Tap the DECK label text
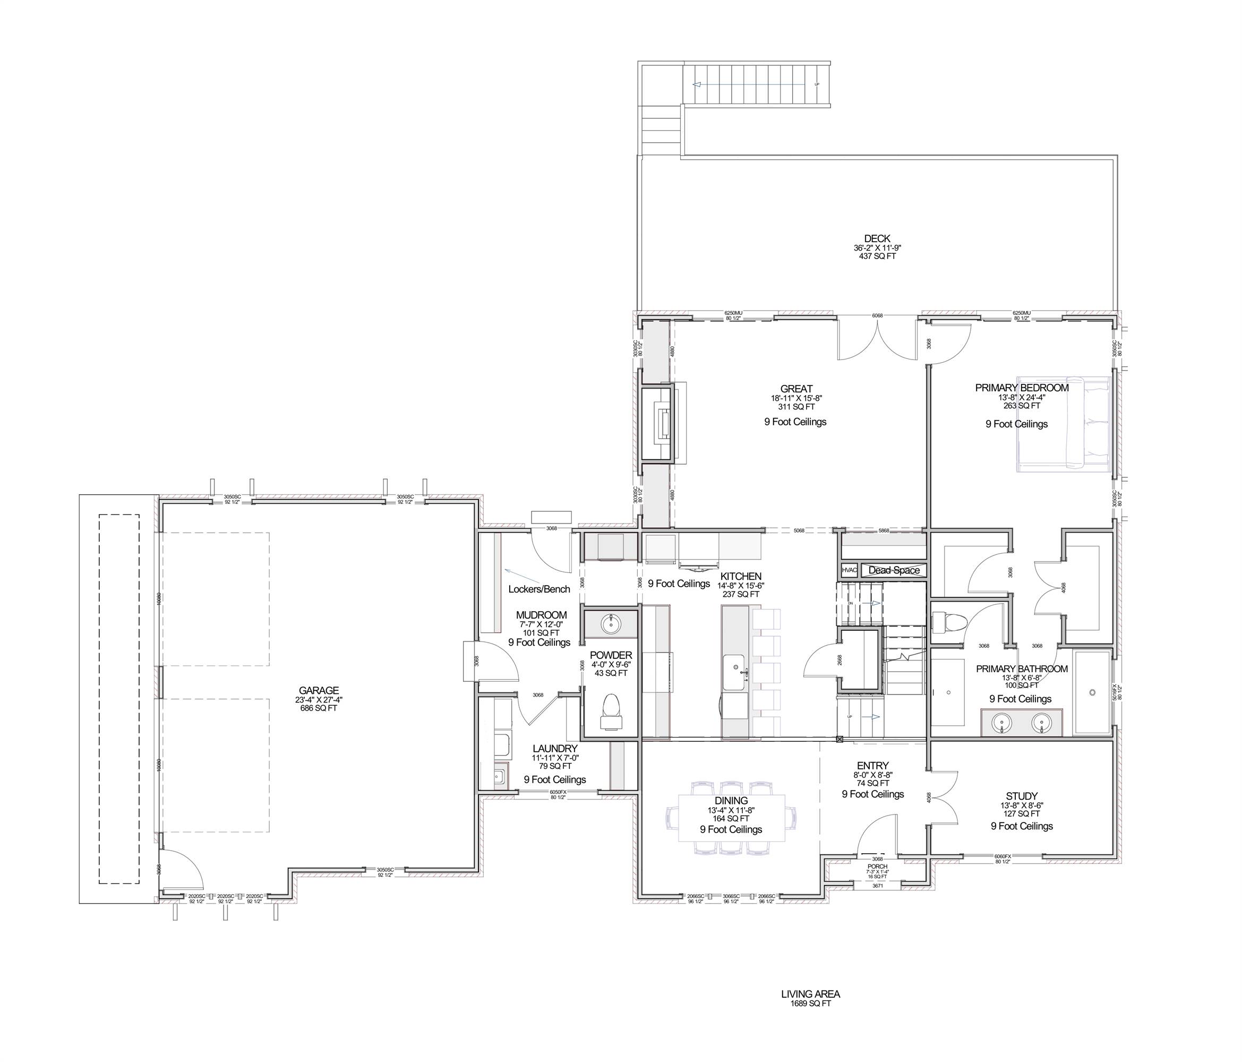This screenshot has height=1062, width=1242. pyautogui.click(x=877, y=238)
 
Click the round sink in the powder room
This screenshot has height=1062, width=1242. pyautogui.click(x=611, y=624)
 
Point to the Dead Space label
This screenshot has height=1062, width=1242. pyautogui.click(x=894, y=570)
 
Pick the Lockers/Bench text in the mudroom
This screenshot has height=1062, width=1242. pyautogui.click(x=539, y=588)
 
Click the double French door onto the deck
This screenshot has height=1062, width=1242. pyautogui.click(x=877, y=340)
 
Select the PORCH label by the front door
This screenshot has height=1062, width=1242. pyautogui.click(x=878, y=867)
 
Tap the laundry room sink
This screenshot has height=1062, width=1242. pyautogui.click(x=499, y=777)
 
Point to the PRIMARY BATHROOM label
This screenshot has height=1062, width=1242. pyautogui.click(x=1022, y=669)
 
